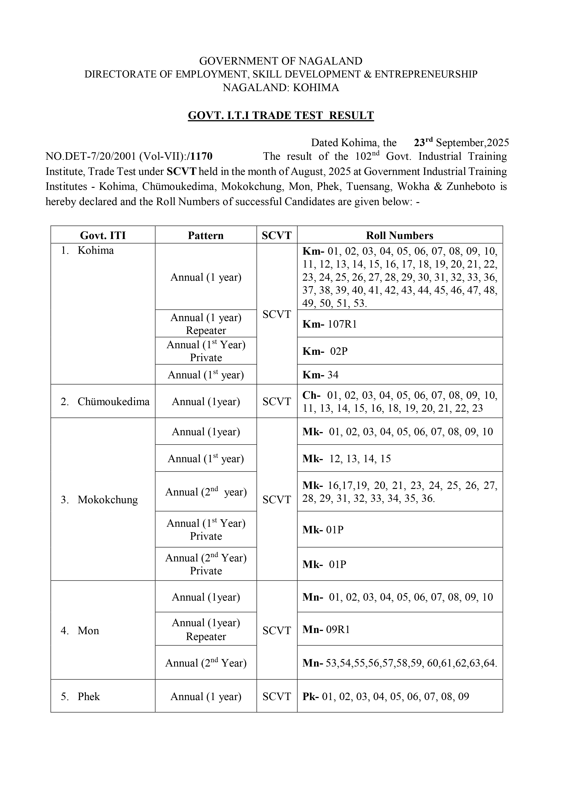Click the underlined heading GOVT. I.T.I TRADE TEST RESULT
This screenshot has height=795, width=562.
click(x=281, y=115)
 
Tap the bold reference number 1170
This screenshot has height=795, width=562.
click(x=201, y=157)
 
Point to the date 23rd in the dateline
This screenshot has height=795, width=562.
click(x=423, y=142)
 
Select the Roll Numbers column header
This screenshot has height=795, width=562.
click(x=399, y=235)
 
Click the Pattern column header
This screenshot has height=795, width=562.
click(x=206, y=235)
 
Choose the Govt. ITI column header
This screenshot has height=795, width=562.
click(x=103, y=235)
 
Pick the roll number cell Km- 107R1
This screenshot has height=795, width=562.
click(x=329, y=324)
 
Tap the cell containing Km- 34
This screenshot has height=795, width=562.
click(x=320, y=375)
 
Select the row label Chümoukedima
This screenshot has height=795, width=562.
click(x=113, y=401)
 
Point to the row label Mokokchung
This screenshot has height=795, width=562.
click(x=108, y=499)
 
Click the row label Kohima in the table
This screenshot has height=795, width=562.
click(x=96, y=250)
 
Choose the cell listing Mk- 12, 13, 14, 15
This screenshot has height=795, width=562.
click(x=346, y=458)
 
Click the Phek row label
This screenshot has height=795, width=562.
click(x=89, y=696)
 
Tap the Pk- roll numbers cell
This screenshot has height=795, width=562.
click(x=386, y=696)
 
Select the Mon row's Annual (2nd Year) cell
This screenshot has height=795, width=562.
click(x=206, y=663)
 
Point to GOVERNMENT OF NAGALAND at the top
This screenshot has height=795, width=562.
click(x=281, y=61)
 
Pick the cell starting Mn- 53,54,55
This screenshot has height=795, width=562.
click(x=399, y=663)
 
